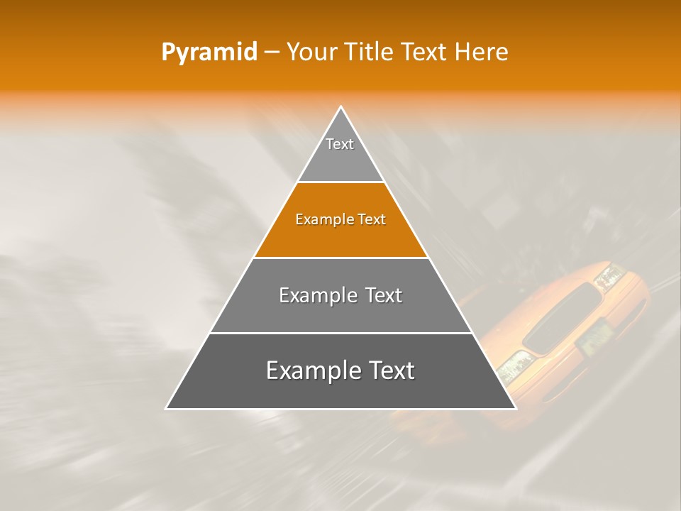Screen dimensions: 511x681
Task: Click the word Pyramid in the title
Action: [209, 53]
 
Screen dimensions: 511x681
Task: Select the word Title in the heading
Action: [370, 52]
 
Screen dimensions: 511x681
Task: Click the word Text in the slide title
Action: [423, 52]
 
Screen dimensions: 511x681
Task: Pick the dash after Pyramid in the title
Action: [271, 53]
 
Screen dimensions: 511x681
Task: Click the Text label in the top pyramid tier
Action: [340, 144]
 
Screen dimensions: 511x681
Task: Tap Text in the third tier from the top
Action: [383, 295]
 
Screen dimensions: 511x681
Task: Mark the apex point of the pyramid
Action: [340, 107]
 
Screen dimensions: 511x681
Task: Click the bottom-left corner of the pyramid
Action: [167, 408]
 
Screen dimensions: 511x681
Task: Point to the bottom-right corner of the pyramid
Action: [515, 408]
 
